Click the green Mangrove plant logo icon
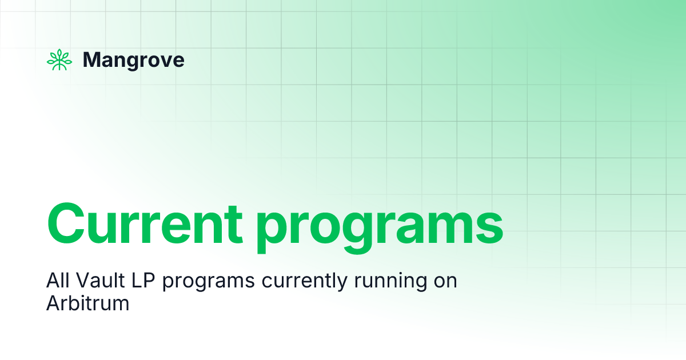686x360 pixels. (x=59, y=60)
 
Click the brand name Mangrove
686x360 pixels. (x=133, y=60)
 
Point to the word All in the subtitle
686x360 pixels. (x=56, y=281)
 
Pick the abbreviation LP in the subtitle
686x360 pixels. (x=130, y=281)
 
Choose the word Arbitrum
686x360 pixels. (x=87, y=303)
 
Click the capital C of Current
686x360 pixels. (x=67, y=223)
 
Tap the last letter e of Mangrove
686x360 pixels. (x=179, y=61)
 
